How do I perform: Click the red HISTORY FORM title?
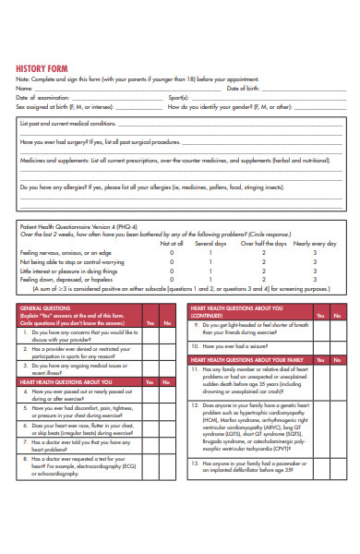click(x=42, y=67)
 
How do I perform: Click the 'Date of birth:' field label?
click(x=244, y=88)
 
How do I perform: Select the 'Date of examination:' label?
click(x=42, y=97)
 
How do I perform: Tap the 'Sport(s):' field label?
click(x=180, y=97)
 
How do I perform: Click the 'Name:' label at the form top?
click(x=24, y=88)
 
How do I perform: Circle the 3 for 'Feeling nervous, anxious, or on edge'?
click(x=314, y=252)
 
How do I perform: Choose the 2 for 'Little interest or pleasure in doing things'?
click(x=263, y=271)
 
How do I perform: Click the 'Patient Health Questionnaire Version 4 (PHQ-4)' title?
click(x=78, y=226)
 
